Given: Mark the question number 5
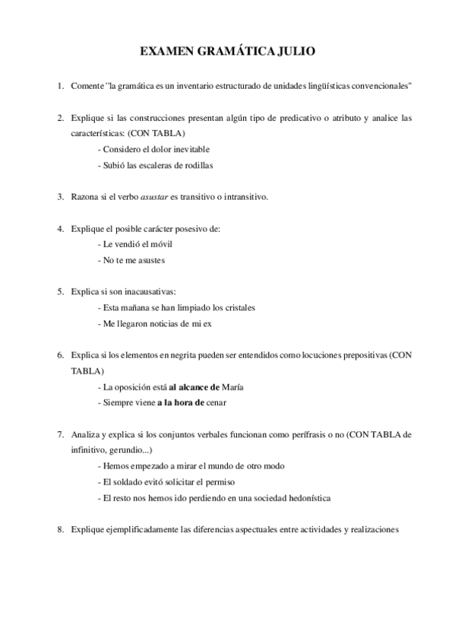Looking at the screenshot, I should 60,292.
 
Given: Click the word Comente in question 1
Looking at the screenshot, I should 87,86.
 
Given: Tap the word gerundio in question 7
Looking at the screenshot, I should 125,450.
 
